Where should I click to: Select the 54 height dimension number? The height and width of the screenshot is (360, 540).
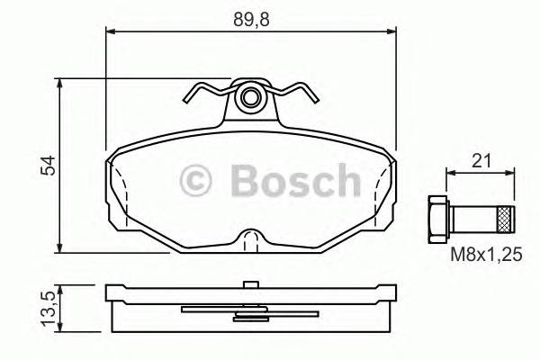[x=50, y=165]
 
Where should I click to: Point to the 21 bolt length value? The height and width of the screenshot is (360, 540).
[x=481, y=161]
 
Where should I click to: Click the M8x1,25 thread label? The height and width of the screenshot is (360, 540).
[x=486, y=255]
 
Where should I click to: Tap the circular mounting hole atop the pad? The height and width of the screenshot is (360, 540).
[x=251, y=96]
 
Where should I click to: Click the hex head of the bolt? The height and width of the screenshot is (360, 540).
[x=436, y=219]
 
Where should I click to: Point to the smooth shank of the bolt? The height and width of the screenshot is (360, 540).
[x=475, y=219]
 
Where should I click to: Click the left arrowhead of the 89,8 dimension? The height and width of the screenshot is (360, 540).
[x=112, y=32]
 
